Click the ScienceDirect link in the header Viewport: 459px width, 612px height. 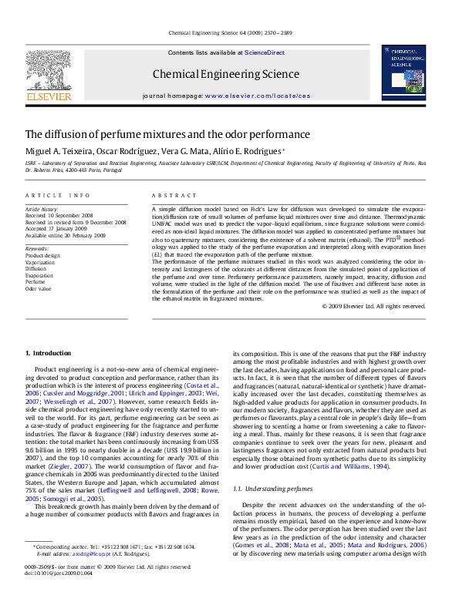tap(265, 52)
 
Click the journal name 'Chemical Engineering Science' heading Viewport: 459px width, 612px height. tap(226, 75)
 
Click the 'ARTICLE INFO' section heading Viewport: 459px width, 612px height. tap(58, 196)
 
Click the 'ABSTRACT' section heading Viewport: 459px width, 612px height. tap(170, 196)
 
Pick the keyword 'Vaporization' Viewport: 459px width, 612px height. tap(40, 263)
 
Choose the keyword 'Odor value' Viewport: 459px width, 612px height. tap(39, 288)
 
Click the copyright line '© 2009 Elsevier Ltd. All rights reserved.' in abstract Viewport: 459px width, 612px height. tap(373, 306)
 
